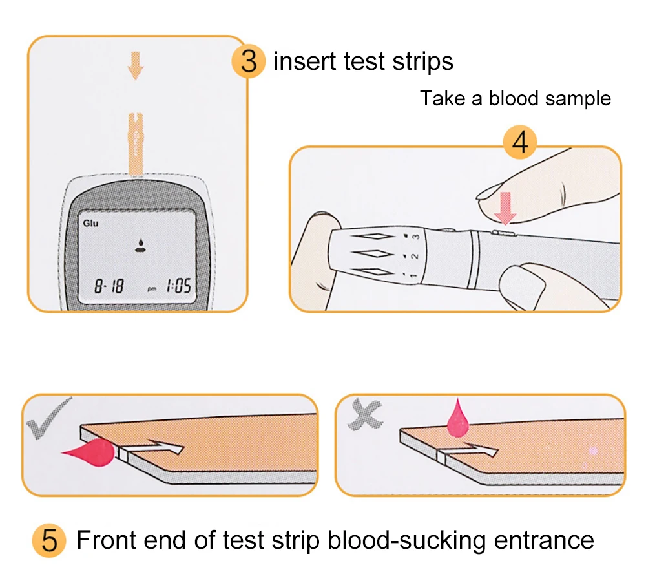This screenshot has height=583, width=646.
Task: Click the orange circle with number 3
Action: (x=249, y=62)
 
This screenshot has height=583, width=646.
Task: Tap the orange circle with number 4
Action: (x=520, y=143)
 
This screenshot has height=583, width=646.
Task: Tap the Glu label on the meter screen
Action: (x=90, y=223)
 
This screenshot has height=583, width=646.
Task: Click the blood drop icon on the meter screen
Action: (x=139, y=244)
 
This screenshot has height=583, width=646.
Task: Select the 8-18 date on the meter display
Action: (x=109, y=286)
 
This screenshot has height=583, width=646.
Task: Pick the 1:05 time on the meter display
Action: (x=178, y=286)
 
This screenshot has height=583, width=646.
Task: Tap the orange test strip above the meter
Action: (x=136, y=142)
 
